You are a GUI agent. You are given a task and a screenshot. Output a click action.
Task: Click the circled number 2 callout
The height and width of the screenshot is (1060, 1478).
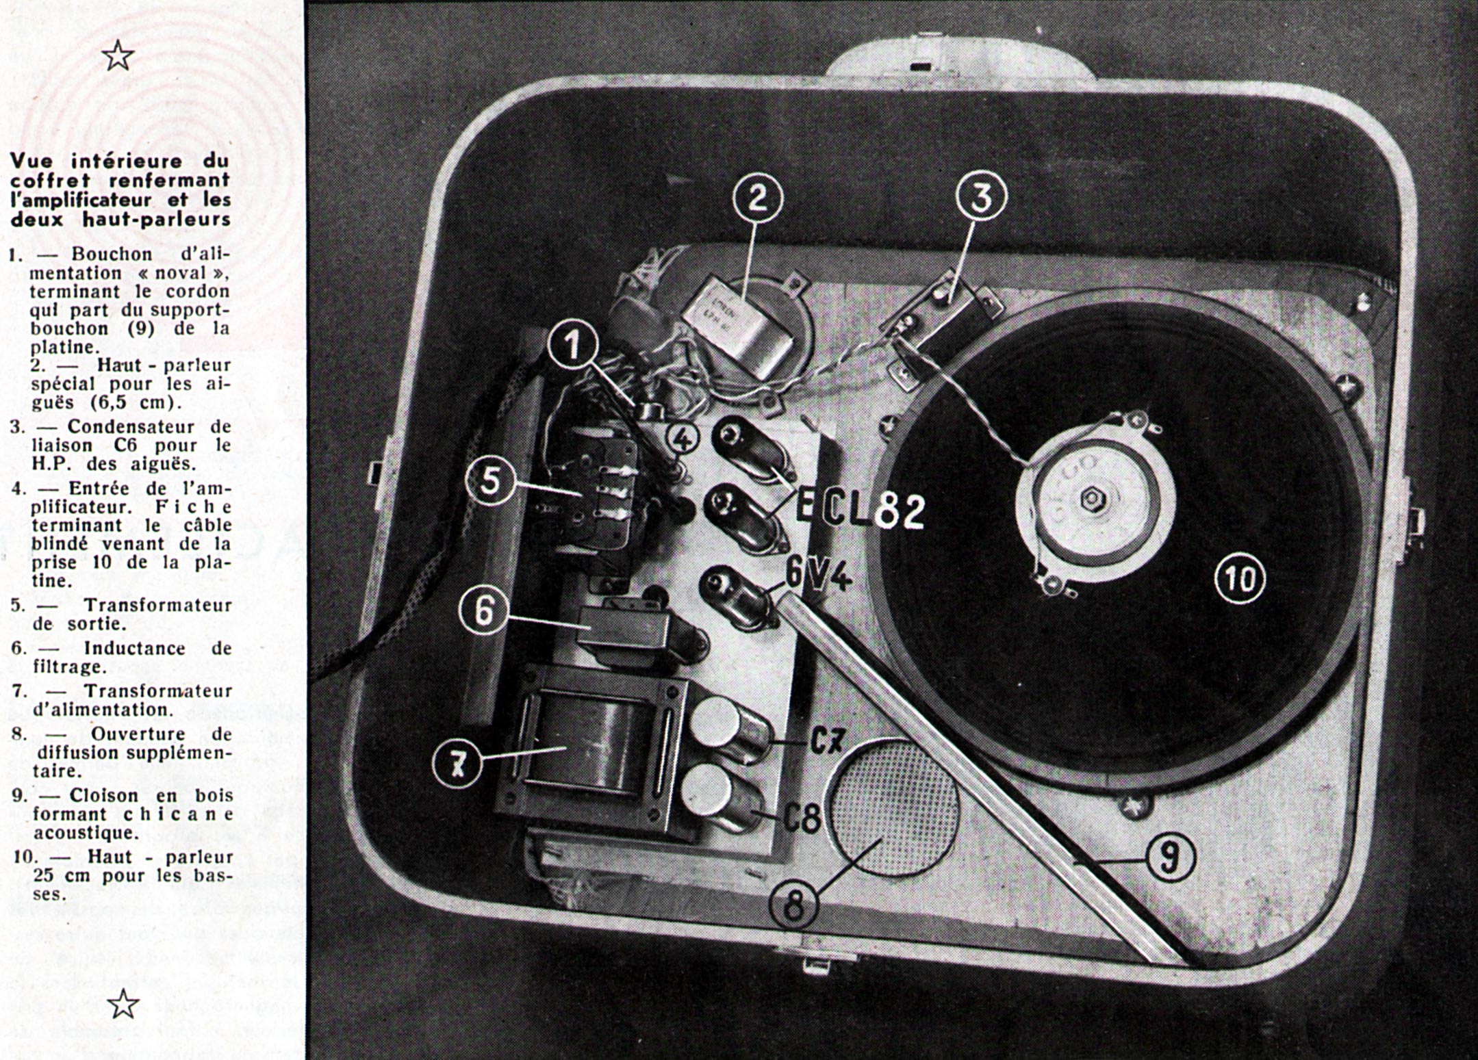(757, 198)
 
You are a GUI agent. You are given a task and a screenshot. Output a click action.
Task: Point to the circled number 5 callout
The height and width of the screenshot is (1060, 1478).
(490, 481)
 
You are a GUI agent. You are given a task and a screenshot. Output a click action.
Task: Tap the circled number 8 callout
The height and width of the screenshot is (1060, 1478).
(794, 907)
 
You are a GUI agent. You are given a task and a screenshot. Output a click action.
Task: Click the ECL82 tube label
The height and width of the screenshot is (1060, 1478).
(861, 510)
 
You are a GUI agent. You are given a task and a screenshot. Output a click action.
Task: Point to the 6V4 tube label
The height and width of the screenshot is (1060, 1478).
(817, 575)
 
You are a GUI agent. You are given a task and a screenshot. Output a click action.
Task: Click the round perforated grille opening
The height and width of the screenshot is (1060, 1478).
(893, 808)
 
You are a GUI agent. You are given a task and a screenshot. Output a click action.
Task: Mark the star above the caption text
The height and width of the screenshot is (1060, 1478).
(118, 55)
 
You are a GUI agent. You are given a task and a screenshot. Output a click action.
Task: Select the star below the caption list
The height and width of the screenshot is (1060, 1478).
(124, 1004)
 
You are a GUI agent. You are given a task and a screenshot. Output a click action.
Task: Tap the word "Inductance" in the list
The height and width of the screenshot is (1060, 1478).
(134, 648)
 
